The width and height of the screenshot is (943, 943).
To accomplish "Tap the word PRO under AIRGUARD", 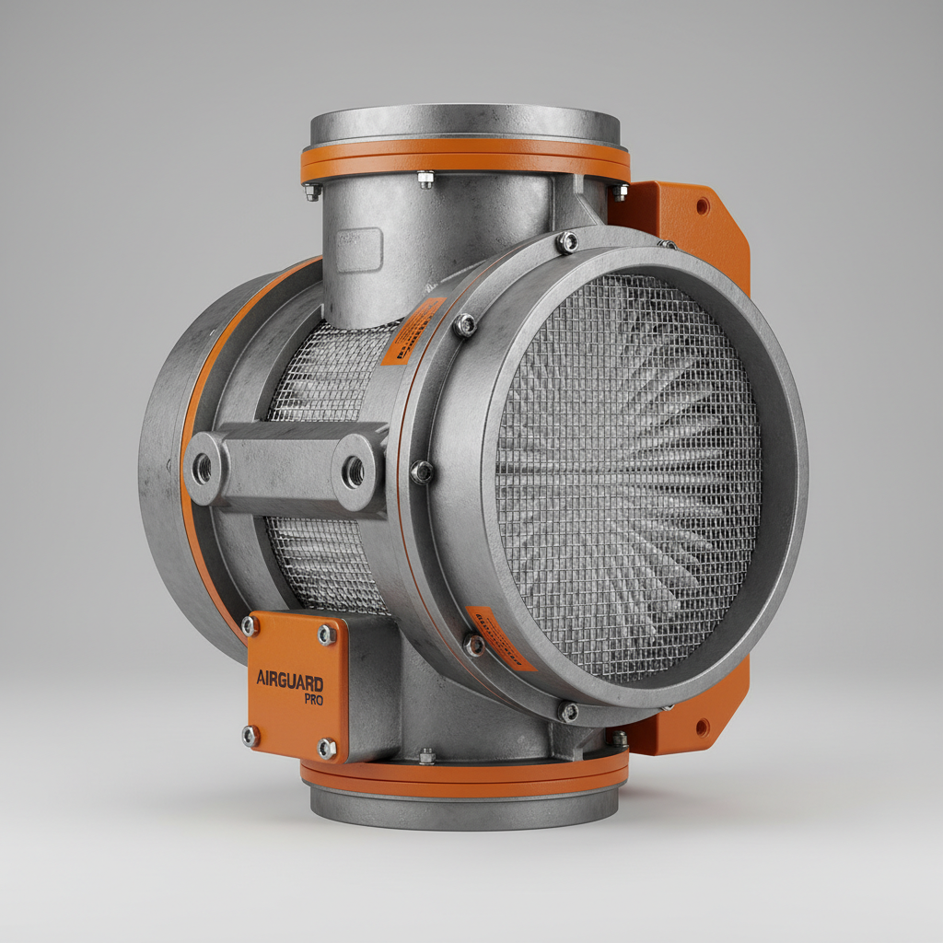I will click(x=313, y=699).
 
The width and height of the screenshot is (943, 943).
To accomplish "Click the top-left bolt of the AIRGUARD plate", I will click(x=249, y=626).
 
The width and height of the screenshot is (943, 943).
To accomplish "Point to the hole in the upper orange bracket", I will click(x=703, y=206).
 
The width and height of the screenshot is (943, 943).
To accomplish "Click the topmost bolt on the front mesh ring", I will click(x=567, y=242).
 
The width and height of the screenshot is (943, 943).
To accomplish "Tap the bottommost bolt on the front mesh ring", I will click(x=569, y=711).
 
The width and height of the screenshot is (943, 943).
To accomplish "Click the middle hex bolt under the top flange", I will click(x=425, y=179).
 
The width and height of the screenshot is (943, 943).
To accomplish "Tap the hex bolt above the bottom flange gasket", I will click(x=426, y=755).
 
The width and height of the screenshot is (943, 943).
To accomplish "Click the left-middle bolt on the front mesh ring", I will click(x=422, y=471).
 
